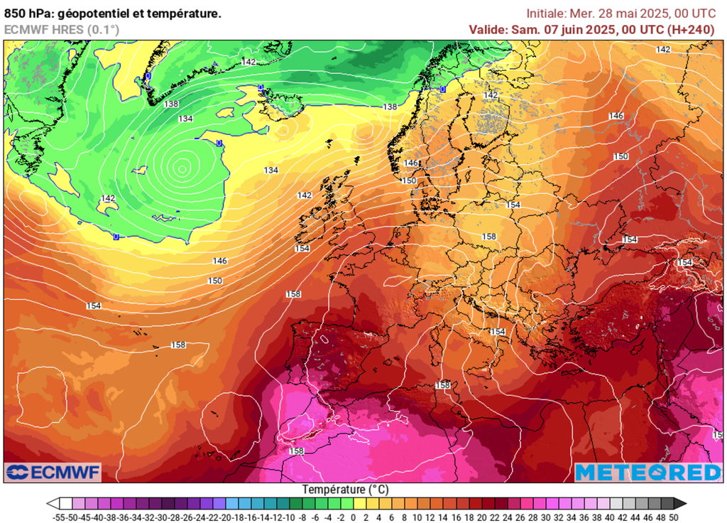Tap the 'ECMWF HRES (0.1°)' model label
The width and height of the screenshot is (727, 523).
61,29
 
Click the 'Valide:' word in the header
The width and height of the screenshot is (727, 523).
487,29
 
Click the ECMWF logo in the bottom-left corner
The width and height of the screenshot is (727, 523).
53,472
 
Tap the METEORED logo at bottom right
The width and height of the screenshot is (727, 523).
647,472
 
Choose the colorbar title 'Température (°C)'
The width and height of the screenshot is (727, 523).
346,490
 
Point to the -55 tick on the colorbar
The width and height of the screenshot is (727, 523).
60,517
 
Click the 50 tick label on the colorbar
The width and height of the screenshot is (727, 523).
674,517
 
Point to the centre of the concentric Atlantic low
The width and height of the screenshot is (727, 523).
182,168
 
